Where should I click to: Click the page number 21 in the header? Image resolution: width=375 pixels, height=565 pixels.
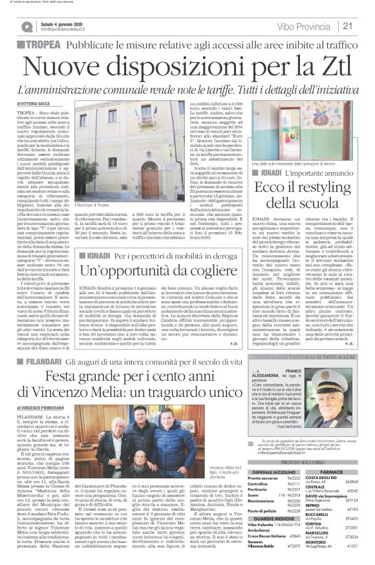pyautogui.click(x=364, y=26)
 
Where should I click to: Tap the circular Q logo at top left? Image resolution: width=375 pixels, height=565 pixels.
pyautogui.click(x=27, y=27)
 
